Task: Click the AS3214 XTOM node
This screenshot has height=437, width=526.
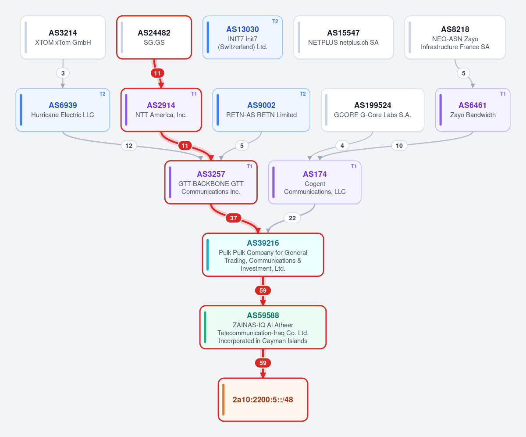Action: [63, 37]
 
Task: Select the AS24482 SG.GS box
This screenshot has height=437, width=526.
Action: [154, 37]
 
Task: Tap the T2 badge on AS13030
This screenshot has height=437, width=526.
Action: [275, 21]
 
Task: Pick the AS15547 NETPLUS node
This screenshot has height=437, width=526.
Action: [343, 37]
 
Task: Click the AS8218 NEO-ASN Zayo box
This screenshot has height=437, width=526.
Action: [455, 37]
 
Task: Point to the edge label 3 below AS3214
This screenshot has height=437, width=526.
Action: [63, 73]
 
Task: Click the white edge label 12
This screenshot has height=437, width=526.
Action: [129, 146]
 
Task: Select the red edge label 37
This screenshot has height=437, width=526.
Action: [234, 218]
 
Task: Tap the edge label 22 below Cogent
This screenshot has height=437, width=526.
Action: [292, 218]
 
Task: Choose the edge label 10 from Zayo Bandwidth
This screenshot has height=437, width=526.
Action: [399, 146]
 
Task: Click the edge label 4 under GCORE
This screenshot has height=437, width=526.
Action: [342, 146]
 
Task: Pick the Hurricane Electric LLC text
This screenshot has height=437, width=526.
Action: [63, 115]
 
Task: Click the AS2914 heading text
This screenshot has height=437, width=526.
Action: [161, 105]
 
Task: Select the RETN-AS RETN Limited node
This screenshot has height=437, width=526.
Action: [261, 110]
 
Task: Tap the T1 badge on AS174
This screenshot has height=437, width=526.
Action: [354, 166]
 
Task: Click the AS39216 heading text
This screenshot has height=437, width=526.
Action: [263, 243]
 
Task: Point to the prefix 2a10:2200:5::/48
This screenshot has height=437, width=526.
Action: [263, 400]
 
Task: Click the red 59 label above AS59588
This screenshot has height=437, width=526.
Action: [263, 290]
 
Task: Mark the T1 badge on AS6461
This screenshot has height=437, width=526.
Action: [503, 94]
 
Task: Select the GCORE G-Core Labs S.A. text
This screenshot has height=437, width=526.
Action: [372, 115]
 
